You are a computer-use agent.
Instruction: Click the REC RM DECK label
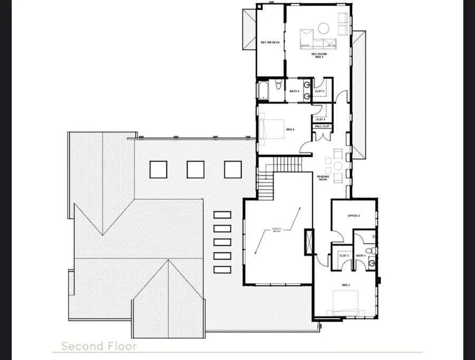tap(270, 42)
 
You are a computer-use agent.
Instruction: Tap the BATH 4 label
tap(294, 91)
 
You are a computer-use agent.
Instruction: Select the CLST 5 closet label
tap(319, 91)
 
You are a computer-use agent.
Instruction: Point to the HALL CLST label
tap(322, 127)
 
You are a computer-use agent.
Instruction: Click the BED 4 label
tap(290, 129)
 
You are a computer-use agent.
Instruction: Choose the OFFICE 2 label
tap(353, 216)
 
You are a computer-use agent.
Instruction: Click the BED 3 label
tap(346, 286)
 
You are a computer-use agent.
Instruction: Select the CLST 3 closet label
tap(344, 255)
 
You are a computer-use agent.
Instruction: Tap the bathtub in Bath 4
tap(263, 90)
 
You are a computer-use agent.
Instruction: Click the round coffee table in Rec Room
tap(324, 26)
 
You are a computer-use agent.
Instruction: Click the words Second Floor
tap(99, 346)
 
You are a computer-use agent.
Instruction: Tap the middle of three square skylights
tap(195, 169)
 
